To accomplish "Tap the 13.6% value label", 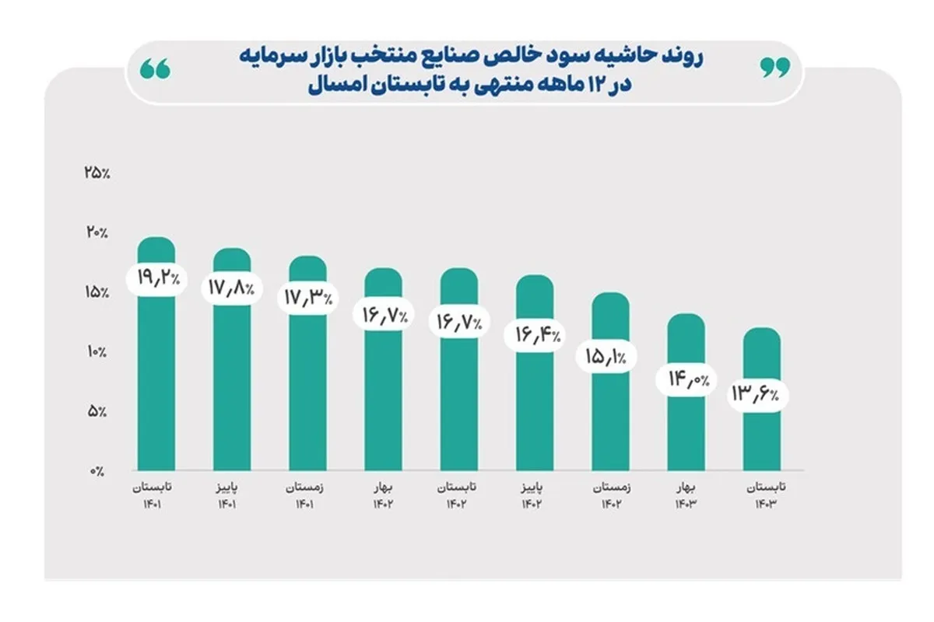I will pyautogui.click(x=759, y=394).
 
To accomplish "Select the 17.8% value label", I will pyautogui.click(x=232, y=288).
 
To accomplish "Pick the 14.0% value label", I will pyautogui.click(x=686, y=379).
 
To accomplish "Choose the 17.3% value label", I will pyautogui.click(x=307, y=298).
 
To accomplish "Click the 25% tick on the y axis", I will pyautogui.click(x=97, y=173).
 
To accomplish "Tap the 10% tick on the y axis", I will pyautogui.click(x=97, y=352).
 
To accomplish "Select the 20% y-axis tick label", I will pyautogui.click(x=97, y=232).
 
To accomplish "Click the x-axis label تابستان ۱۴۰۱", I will pyautogui.click(x=156, y=495).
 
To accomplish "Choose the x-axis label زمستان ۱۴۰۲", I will pyautogui.click(x=611, y=495).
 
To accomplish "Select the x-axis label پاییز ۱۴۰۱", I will pyautogui.click(x=232, y=495).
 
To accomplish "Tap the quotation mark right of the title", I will pyautogui.click(x=774, y=68).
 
